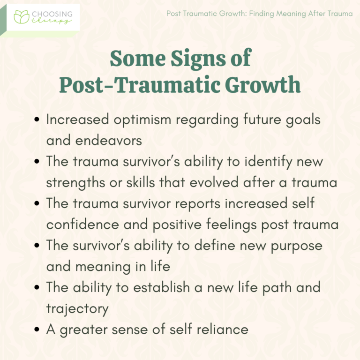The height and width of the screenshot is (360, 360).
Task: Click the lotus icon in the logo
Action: tap(22, 17)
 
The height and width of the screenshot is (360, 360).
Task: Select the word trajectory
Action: tap(77, 309)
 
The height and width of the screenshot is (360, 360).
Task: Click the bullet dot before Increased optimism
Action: tap(37, 120)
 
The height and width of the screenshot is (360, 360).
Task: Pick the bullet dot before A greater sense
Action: tap(37, 330)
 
